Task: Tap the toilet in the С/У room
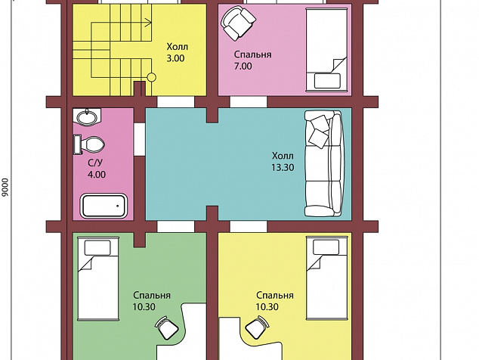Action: coord(89,144)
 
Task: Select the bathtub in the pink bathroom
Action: coord(104,206)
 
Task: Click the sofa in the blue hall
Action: coord(323,163)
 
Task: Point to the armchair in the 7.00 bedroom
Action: coord(238,23)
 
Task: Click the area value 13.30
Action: coord(283,167)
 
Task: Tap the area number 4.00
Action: coord(97,175)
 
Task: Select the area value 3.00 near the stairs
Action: coord(175,58)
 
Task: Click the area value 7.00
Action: coord(243,66)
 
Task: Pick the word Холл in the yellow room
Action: coord(178,47)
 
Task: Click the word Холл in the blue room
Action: coord(283,156)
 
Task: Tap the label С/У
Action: coord(95,163)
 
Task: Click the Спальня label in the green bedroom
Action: coord(152,296)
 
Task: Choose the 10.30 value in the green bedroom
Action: coord(144,307)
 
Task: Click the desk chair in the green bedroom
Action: coord(166,327)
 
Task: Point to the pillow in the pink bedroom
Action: coord(327,81)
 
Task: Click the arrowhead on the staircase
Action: coord(149,23)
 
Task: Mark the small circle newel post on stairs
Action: coord(152,78)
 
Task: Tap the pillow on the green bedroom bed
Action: coord(97,248)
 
